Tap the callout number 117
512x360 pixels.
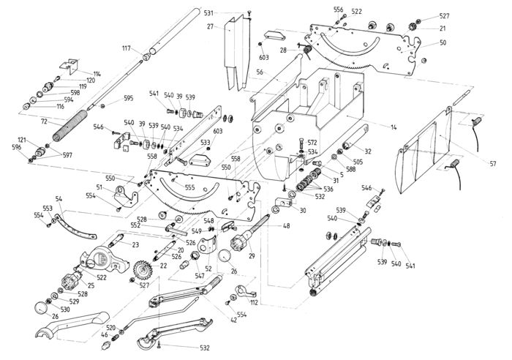tap(126, 48)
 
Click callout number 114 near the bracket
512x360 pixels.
tap(97, 74)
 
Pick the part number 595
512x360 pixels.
tap(128, 98)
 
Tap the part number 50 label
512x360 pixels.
tap(443, 43)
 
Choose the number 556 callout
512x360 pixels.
tap(338, 10)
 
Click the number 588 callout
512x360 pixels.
tap(350, 169)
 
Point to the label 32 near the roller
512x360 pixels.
tap(368, 151)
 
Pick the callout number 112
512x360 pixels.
tap(255, 303)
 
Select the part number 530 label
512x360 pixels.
tap(64, 310)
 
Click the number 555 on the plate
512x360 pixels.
tap(189, 187)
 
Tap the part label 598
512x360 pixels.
tap(75, 93)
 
